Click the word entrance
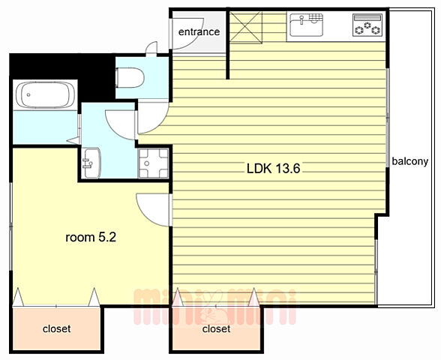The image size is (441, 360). coord(199,31)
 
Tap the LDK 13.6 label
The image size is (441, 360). coord(273,169)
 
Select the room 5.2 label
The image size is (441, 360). coord(91,238)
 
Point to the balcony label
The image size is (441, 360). coord(409,161)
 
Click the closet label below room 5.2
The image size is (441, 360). coord(56,328)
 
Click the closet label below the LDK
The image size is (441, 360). coord(216,328)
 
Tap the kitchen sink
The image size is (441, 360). coord(306,25)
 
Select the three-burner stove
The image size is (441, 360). coord(367,25)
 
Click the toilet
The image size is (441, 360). coord(130,78)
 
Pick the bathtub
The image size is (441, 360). coord(45,94)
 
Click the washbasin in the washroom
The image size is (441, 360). coord(91,163)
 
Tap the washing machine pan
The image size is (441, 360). coord(153,163)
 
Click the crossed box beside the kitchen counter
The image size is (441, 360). coord(246,27)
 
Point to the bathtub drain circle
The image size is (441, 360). coord(28,94)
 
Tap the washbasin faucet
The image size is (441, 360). coord(87,163)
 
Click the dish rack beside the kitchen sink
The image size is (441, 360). coord(316,17)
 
